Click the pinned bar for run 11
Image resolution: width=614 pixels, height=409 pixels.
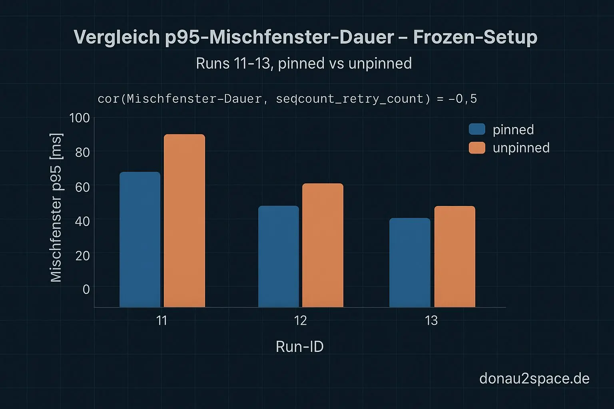140,240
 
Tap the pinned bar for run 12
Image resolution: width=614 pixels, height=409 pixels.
279,256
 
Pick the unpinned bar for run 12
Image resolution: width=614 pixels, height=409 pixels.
323,245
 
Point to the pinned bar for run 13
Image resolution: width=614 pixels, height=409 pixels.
410,262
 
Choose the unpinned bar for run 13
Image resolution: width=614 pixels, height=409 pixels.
455,256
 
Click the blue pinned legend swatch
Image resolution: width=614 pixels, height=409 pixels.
477,129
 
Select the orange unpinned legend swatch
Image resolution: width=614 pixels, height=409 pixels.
477,148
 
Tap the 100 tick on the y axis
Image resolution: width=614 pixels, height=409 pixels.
80,118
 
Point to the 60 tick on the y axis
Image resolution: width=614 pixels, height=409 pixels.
82,187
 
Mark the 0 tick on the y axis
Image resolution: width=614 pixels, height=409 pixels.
86,289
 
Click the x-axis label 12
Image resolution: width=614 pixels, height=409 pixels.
300,320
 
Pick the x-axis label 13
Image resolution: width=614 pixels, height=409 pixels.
431,320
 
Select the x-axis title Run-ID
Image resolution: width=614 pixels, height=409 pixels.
299,346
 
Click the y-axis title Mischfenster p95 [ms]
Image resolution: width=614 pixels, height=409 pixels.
56,208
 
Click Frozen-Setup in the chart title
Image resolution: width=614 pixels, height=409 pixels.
475,37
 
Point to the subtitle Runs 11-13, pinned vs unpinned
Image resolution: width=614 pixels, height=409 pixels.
304,64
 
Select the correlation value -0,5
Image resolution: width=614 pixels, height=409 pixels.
462,99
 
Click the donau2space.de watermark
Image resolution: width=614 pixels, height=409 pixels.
534,378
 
